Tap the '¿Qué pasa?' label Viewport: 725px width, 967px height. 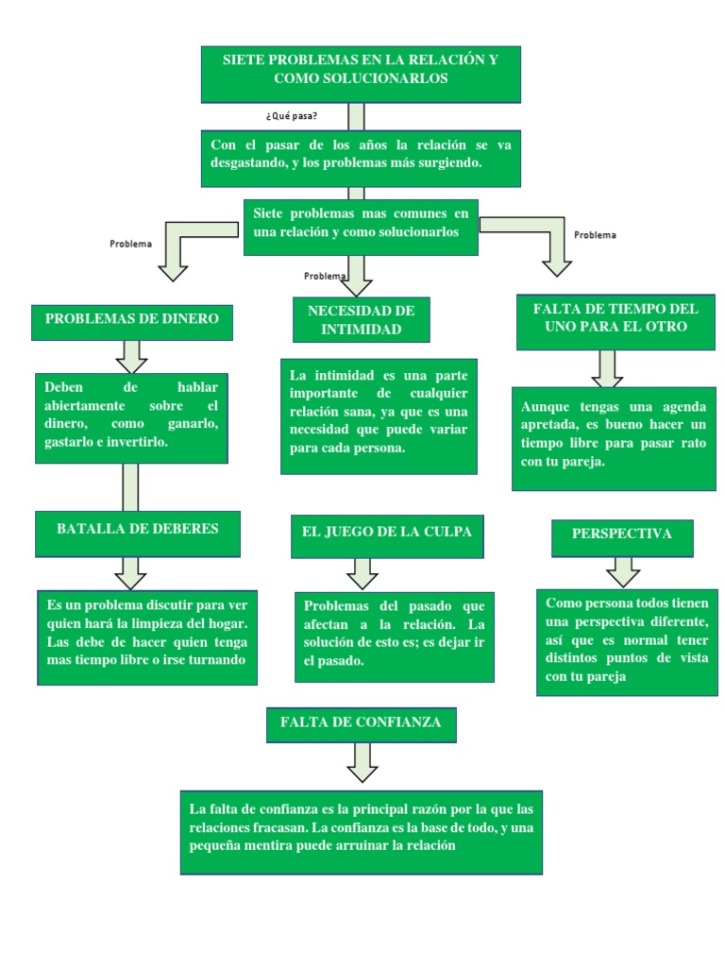tap(292, 116)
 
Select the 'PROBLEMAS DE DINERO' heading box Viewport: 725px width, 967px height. tap(132, 321)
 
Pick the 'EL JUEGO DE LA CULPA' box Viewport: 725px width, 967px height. tap(387, 535)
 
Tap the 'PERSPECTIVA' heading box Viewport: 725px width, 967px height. tap(621, 536)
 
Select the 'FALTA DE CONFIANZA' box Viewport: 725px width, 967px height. tap(361, 724)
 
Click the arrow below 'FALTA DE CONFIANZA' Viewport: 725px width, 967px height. tap(361, 761)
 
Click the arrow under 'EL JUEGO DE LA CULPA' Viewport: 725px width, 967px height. tap(362, 571)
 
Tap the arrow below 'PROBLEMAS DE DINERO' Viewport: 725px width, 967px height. tap(131, 356)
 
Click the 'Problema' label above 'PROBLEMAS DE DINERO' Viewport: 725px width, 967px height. tap(130, 244)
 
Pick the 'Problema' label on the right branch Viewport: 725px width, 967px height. tap(595, 235)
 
